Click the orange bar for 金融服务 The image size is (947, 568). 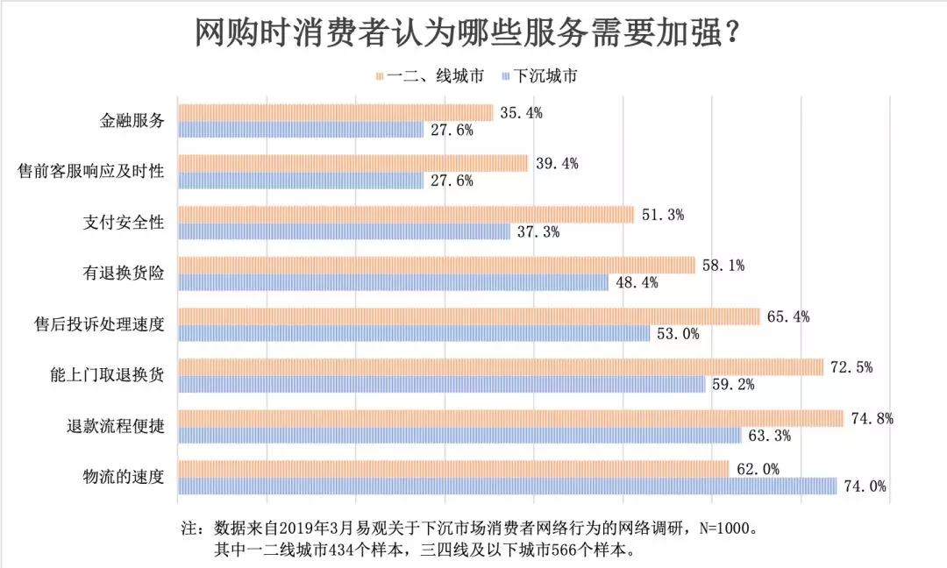(x=335, y=112)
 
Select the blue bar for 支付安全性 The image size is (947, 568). (x=344, y=231)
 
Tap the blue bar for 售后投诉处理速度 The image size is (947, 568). (x=414, y=333)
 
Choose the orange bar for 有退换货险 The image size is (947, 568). (x=436, y=265)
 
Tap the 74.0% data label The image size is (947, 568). (x=865, y=486)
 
